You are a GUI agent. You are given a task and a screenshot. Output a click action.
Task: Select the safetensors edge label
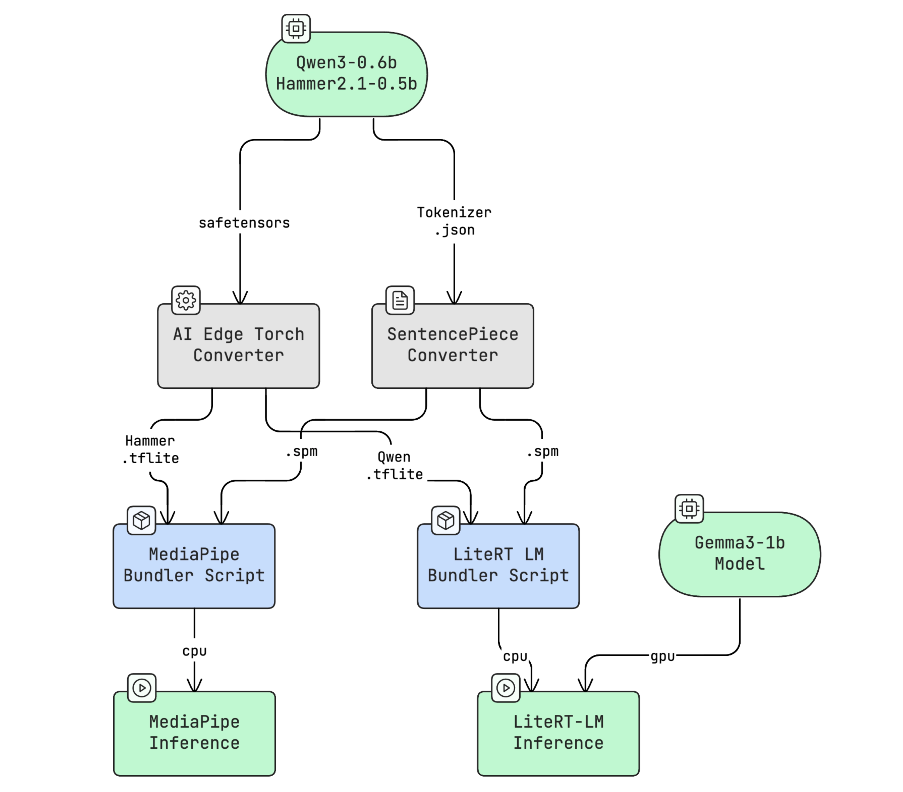(x=244, y=223)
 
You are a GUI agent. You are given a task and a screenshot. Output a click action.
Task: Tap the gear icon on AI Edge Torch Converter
(x=186, y=300)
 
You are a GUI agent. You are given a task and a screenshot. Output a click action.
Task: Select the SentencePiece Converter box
(x=453, y=346)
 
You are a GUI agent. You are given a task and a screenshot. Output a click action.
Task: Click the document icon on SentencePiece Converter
(x=400, y=300)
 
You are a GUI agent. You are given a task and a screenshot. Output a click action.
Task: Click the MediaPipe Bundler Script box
(x=194, y=566)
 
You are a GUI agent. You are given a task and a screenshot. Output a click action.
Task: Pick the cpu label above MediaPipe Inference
(x=194, y=651)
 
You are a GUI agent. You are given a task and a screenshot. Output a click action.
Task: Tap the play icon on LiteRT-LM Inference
(x=505, y=688)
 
